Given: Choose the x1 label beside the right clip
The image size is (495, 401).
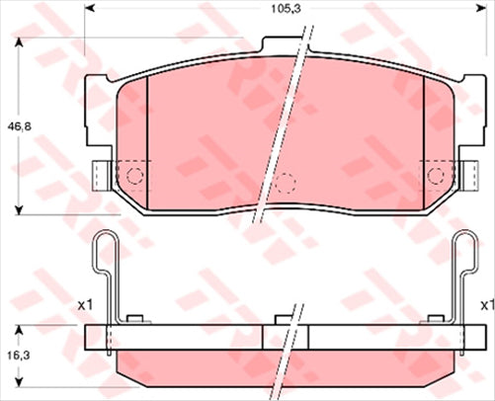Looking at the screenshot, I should click(x=485, y=305).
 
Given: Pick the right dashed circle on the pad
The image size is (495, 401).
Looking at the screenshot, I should click(x=434, y=176).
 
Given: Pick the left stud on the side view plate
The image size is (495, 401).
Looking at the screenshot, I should click(x=137, y=318).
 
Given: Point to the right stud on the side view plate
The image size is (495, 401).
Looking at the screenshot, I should click(x=432, y=318).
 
